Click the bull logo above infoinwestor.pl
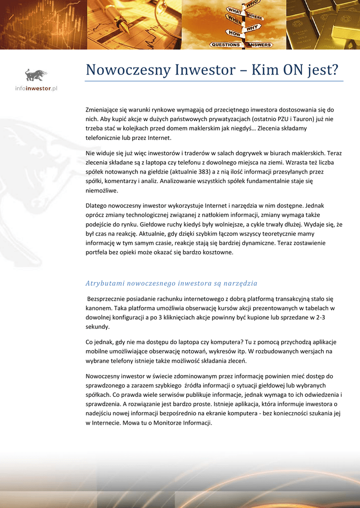click(36, 75)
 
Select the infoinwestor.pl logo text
click(36, 88)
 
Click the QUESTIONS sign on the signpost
click(225, 45)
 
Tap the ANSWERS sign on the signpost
click(259, 45)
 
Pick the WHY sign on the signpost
click(253, 28)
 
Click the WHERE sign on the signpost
click(254, 18)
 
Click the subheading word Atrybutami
click(105, 283)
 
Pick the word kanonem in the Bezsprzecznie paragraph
click(99, 308)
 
